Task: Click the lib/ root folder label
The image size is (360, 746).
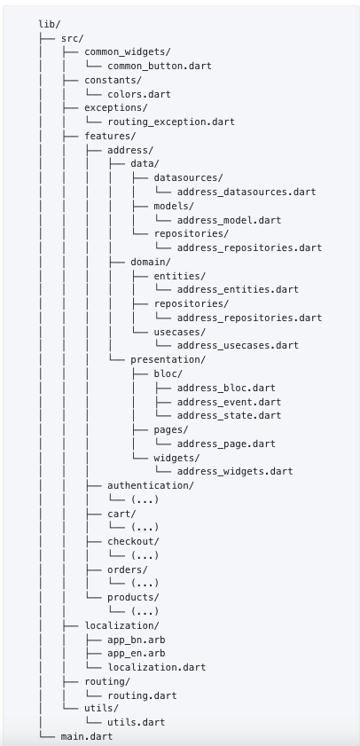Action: tap(50, 24)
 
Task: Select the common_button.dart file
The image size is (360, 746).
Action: tap(160, 66)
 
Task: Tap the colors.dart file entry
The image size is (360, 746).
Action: tap(139, 94)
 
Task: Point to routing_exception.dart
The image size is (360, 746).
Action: tap(171, 122)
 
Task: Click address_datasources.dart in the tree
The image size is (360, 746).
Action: tap(247, 192)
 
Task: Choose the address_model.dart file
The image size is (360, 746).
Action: tap(229, 220)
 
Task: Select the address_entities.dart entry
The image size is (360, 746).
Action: tap(238, 289)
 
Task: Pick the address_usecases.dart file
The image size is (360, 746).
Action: tap(238, 345)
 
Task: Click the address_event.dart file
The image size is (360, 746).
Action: tap(229, 402)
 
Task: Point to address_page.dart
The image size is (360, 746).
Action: tap(226, 444)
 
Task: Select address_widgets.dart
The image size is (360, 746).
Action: tap(235, 471)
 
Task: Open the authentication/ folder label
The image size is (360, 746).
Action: tap(151, 485)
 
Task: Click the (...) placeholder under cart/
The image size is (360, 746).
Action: tap(145, 527)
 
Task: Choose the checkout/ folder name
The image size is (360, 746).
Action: tap(133, 541)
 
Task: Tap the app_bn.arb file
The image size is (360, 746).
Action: tap(136, 640)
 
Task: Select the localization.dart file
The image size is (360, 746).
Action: tap(156, 667)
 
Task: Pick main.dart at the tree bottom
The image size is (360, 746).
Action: tap(87, 736)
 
